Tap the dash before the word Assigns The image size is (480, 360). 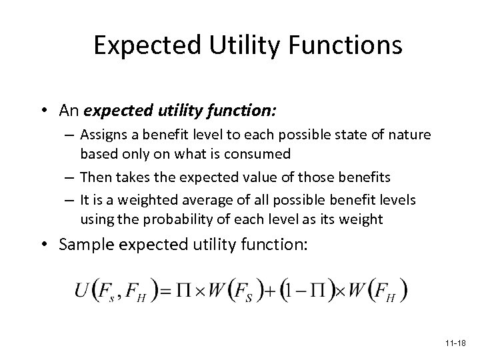pyautogui.click(x=71, y=135)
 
